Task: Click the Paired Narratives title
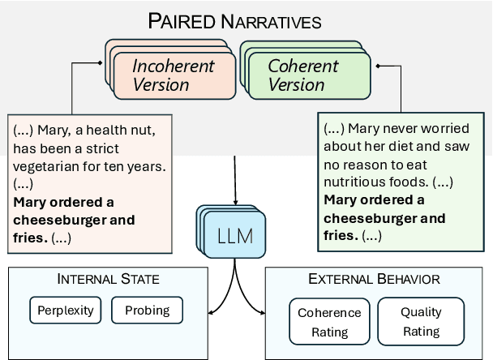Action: tap(234, 21)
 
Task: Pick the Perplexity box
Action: tap(65, 310)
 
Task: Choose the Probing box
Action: tap(147, 310)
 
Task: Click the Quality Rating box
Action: tap(421, 322)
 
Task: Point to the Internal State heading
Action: tap(108, 280)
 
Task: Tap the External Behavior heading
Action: tap(374, 280)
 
